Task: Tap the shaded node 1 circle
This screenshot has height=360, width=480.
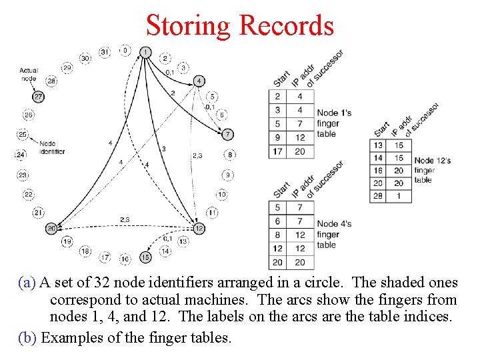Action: coord(145,51)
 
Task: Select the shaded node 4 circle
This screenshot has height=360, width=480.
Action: coord(199,81)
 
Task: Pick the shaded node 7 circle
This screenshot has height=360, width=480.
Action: coord(228,135)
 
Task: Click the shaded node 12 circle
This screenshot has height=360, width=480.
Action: coord(199,228)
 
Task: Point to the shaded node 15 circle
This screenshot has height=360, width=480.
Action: coord(145,257)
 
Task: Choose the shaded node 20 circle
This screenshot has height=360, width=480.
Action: coord(52,229)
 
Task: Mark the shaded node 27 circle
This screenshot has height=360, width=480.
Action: coord(38,97)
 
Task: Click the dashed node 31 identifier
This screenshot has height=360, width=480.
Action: coord(105,51)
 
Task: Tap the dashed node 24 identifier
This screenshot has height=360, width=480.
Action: coord(21,155)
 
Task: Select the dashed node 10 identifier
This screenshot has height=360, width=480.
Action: coord(221,195)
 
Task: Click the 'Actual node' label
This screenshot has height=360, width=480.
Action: coord(29,74)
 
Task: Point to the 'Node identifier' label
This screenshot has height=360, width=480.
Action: coord(51,147)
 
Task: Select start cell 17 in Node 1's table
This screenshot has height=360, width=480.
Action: coord(277,151)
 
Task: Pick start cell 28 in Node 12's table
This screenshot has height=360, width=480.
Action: coord(378,195)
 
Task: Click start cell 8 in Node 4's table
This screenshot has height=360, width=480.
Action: coord(277,235)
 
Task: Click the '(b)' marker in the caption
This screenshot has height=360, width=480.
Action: coord(28,337)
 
